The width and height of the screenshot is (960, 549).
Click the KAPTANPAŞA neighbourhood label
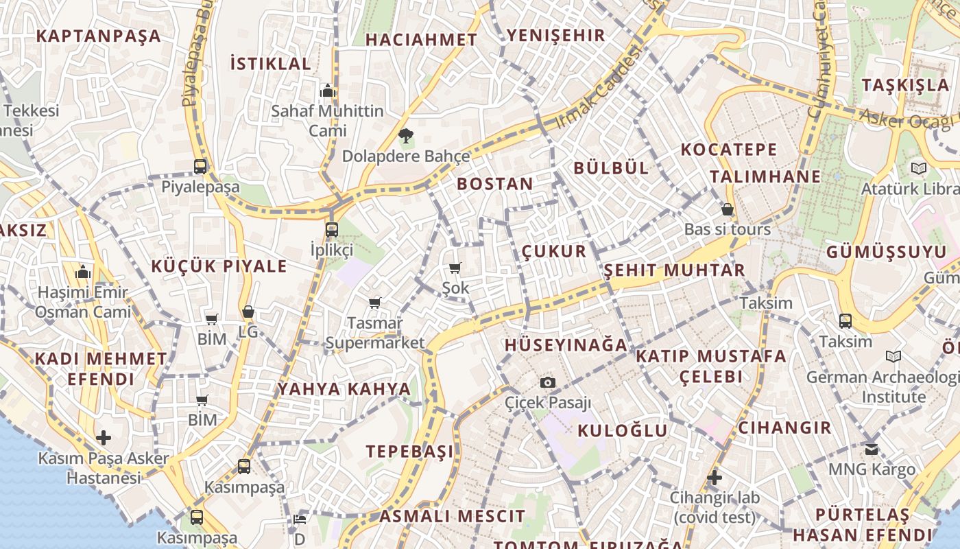(x=98, y=36)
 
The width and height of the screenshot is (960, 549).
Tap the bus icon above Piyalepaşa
(x=200, y=166)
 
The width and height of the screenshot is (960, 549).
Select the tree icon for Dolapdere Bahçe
(x=406, y=135)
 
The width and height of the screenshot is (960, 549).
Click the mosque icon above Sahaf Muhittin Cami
(x=327, y=91)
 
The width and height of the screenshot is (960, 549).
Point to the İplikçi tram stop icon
(x=331, y=229)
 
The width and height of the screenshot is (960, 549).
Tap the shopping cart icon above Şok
(x=455, y=268)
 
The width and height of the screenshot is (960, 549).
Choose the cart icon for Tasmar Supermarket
(x=374, y=303)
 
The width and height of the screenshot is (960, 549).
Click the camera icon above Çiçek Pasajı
(x=547, y=382)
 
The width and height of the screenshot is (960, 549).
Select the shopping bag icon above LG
(x=248, y=312)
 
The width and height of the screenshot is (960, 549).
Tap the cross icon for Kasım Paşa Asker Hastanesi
(x=104, y=437)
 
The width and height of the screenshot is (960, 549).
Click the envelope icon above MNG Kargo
(x=871, y=449)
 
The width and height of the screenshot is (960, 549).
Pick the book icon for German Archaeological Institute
(x=893, y=356)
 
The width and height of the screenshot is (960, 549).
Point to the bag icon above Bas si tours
(x=727, y=209)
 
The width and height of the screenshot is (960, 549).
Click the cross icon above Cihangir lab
(x=715, y=477)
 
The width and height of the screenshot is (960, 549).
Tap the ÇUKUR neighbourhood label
(x=554, y=251)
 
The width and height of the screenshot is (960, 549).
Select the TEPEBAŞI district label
(x=409, y=451)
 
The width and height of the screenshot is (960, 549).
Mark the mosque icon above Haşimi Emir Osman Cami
(x=83, y=272)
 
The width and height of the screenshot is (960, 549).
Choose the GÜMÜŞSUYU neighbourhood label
(x=886, y=252)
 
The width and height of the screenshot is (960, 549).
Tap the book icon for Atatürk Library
(x=918, y=168)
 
